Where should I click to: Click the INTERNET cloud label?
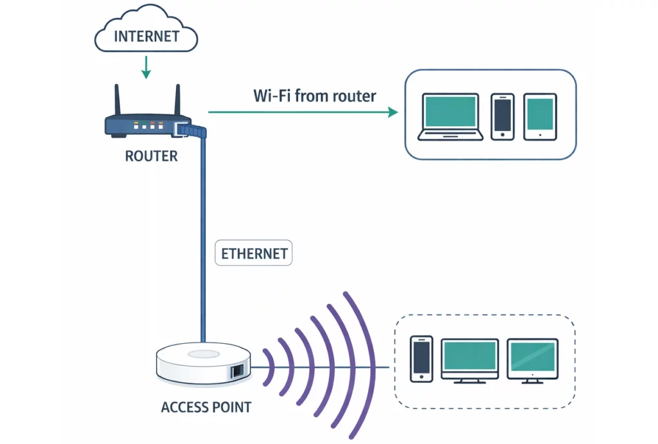[x=147, y=35]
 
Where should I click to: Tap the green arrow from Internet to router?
[x=146, y=67]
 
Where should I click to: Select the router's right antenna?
[x=177, y=100]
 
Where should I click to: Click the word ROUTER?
[x=152, y=156]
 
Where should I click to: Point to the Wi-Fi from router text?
[x=315, y=96]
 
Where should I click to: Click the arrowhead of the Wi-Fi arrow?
[x=393, y=112]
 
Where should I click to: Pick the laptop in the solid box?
[x=450, y=116]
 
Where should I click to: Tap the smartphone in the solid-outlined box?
[x=502, y=116]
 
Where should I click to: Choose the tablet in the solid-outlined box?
[x=540, y=116]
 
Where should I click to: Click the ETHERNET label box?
[x=254, y=253]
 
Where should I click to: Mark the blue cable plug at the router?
[x=193, y=131]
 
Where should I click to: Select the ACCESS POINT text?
[x=206, y=407]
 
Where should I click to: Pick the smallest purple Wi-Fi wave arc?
[x=269, y=368]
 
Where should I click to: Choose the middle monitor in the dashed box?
[x=470, y=360]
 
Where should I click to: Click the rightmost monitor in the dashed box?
[x=532, y=360]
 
